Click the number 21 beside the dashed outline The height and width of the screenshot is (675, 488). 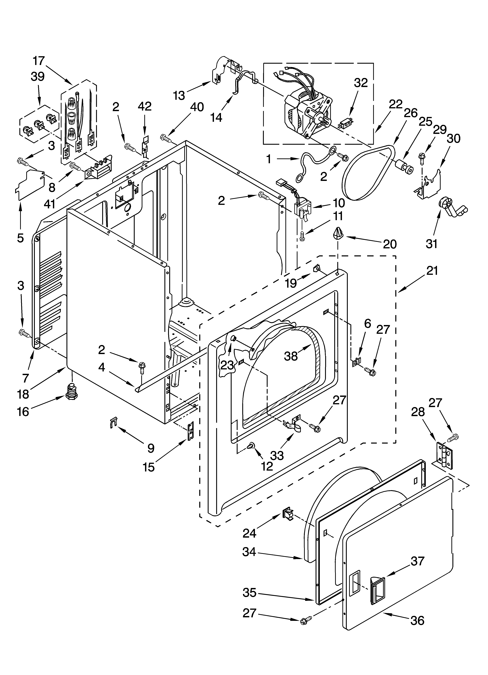click(432, 271)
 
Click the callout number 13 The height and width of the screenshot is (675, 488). click(179, 95)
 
